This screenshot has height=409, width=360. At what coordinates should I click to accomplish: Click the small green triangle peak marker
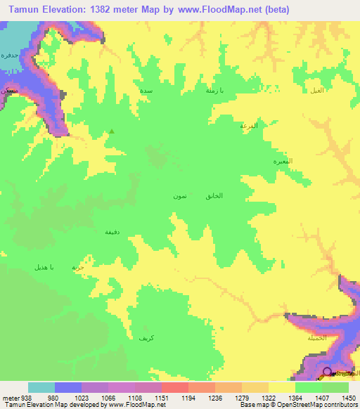coord(111,131)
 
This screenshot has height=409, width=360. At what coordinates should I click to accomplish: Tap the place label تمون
coord(179,196)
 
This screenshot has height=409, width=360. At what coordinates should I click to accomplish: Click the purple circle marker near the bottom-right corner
coord(326,372)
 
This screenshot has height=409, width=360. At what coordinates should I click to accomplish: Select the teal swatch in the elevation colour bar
coord(41,387)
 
